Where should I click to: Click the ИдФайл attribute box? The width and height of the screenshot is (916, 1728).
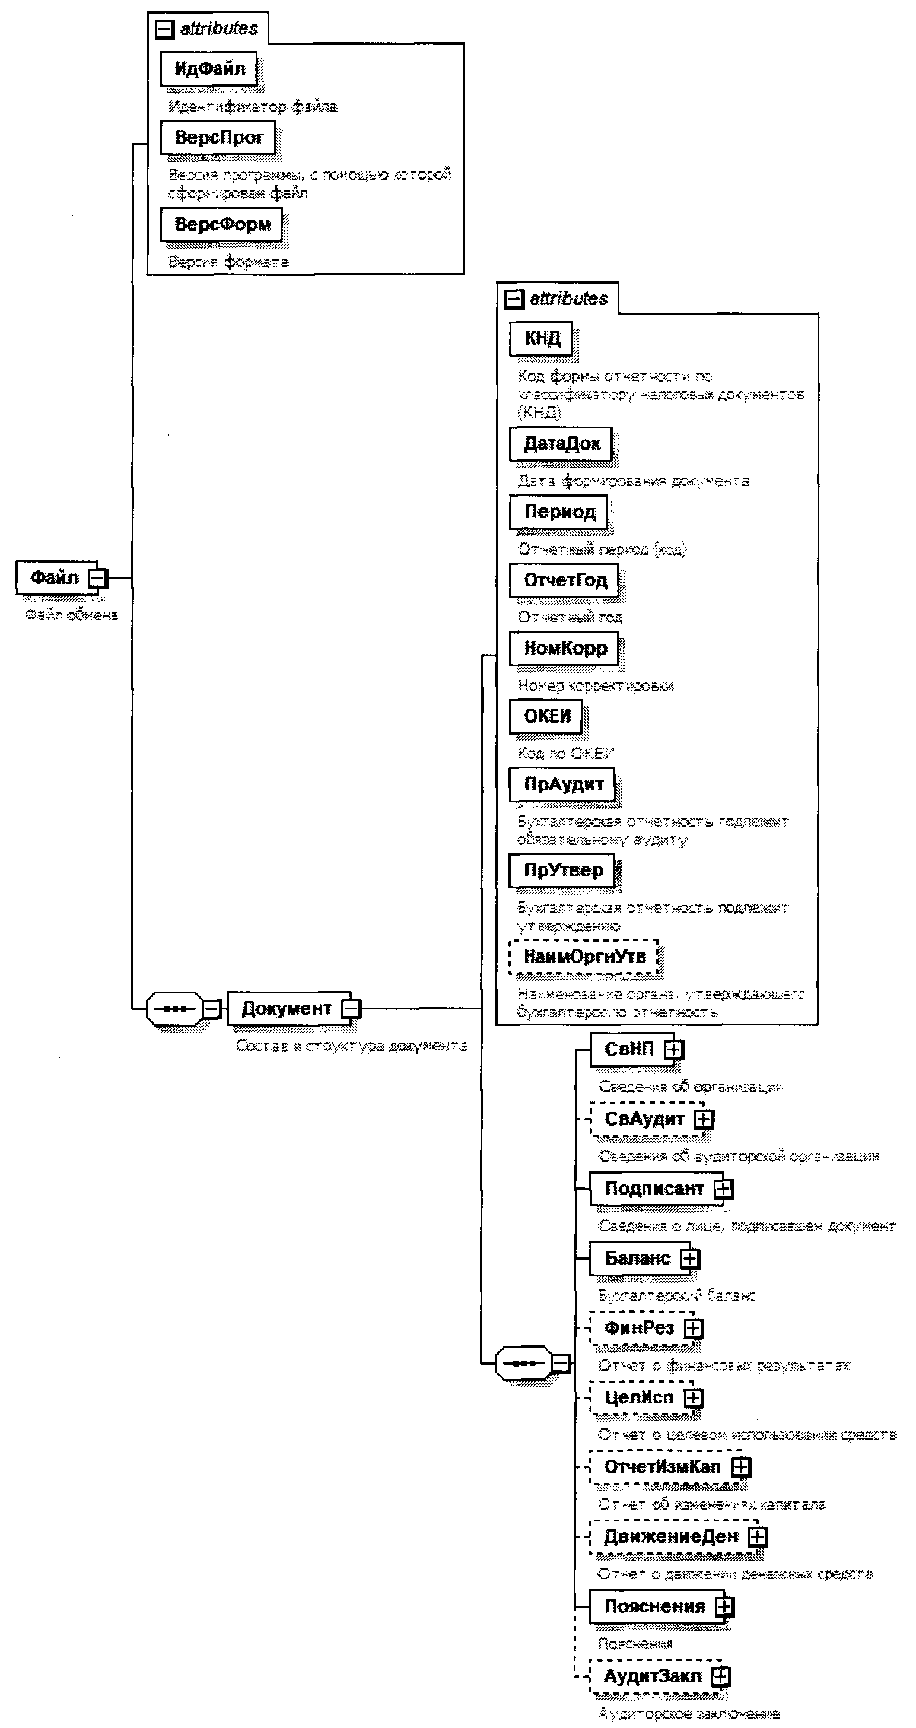click(x=209, y=68)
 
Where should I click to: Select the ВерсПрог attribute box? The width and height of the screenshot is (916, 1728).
click(x=218, y=138)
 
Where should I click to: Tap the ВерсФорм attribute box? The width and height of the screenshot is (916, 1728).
click(x=221, y=224)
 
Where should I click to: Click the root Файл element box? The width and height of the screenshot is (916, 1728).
click(x=55, y=577)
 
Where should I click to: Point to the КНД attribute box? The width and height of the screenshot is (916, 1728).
click(x=542, y=338)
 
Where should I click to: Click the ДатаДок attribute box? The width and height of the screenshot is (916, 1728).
click(x=561, y=444)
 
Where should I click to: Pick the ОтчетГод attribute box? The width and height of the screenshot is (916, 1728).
click(x=565, y=580)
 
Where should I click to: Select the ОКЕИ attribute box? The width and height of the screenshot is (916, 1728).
click(x=546, y=716)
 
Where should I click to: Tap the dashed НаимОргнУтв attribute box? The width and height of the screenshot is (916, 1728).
click(x=584, y=957)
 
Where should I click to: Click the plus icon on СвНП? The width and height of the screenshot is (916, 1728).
click(x=674, y=1049)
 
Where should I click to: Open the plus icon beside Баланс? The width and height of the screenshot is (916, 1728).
click(x=689, y=1259)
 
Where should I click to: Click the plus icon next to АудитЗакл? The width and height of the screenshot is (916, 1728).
click(x=721, y=1676)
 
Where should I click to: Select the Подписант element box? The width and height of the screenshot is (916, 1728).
click(x=653, y=1189)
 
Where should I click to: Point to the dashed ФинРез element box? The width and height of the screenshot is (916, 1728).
click(x=638, y=1328)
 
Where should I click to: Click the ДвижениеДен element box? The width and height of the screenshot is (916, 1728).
click(x=670, y=1537)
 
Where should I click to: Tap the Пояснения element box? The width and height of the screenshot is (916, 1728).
click(x=654, y=1606)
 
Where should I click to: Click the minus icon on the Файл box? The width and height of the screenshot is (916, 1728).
click(x=98, y=577)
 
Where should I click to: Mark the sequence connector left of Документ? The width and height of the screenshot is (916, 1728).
click(x=174, y=1009)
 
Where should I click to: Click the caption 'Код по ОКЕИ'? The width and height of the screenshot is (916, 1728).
click(x=566, y=753)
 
